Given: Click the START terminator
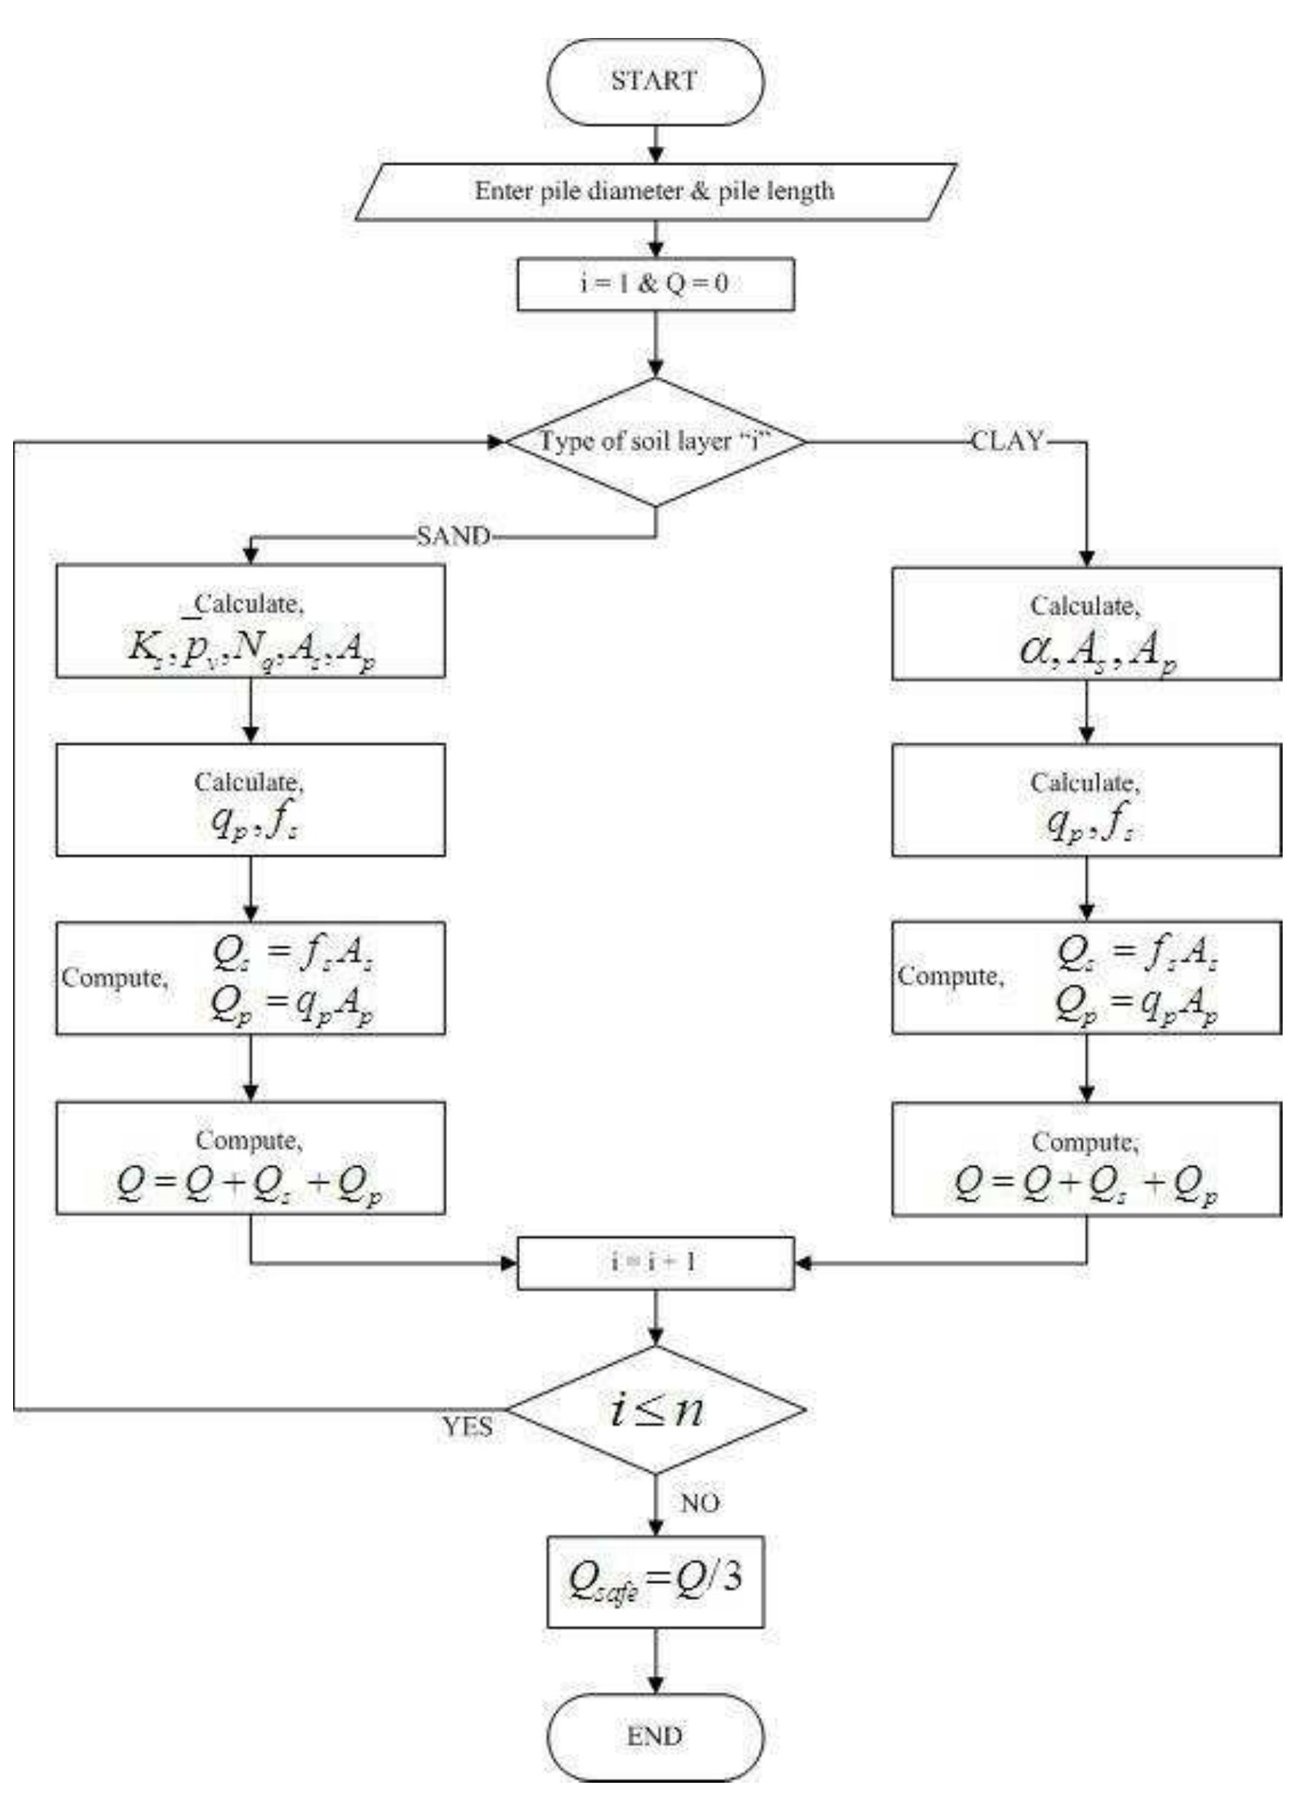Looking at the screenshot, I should click(x=655, y=81).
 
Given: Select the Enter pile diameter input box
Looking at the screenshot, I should click(x=655, y=191).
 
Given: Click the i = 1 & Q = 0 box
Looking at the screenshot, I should click(x=655, y=283).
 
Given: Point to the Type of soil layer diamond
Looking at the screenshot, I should click(x=655, y=441).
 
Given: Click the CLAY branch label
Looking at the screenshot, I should click(x=1007, y=441).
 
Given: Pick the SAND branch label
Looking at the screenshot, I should click(x=454, y=537).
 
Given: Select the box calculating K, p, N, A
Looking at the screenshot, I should click(x=250, y=621).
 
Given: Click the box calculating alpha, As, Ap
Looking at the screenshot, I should click(x=1086, y=623).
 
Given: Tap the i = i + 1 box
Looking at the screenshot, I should click(x=655, y=1263).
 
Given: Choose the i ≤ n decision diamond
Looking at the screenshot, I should click(x=655, y=1409).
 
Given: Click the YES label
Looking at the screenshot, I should click(x=467, y=1427).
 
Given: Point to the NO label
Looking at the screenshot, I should click(x=700, y=1502).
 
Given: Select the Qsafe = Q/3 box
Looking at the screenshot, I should click(x=655, y=1581).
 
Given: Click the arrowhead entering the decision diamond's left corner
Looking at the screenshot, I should click(x=497, y=441).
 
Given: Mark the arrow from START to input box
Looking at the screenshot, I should click(x=656, y=145).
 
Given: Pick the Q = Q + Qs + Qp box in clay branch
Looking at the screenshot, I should click(x=1086, y=1160).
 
